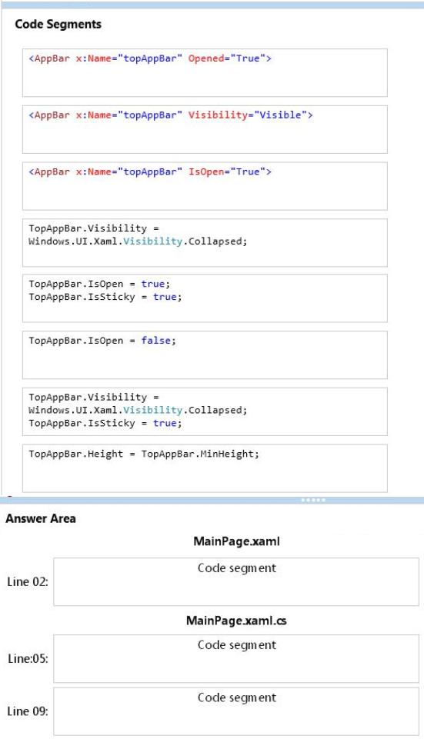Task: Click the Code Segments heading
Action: [x=58, y=25]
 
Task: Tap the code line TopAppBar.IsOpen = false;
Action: [x=102, y=341]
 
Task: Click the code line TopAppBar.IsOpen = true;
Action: [x=99, y=284]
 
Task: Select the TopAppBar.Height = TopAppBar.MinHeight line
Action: [x=144, y=454]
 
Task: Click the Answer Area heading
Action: [x=41, y=518]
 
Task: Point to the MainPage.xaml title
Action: [x=236, y=541]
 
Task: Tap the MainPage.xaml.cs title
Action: [x=236, y=621]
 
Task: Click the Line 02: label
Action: [x=28, y=581]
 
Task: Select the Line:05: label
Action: [x=28, y=658]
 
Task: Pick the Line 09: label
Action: [x=28, y=711]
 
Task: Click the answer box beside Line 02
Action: [x=236, y=581]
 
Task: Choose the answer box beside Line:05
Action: [x=236, y=658]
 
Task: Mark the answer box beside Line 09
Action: [x=236, y=711]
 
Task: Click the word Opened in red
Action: [x=206, y=58]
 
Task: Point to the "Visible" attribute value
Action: [x=281, y=115]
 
